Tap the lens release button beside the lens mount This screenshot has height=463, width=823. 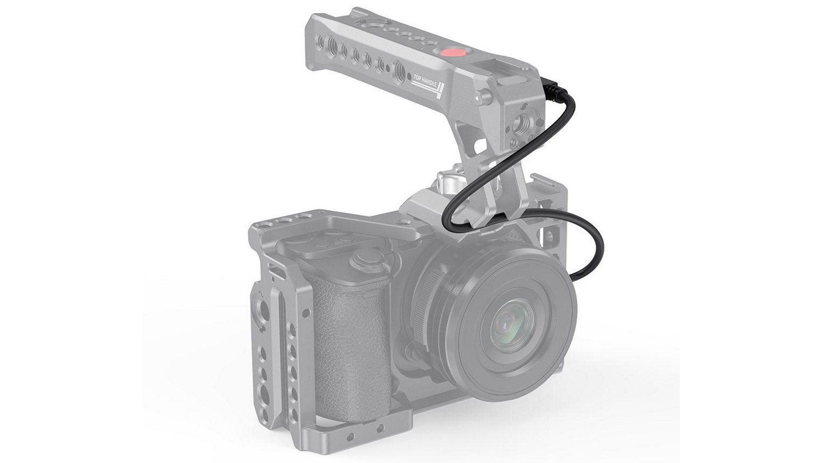[411, 355]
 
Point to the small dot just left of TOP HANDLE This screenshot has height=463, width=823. [409, 77]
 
